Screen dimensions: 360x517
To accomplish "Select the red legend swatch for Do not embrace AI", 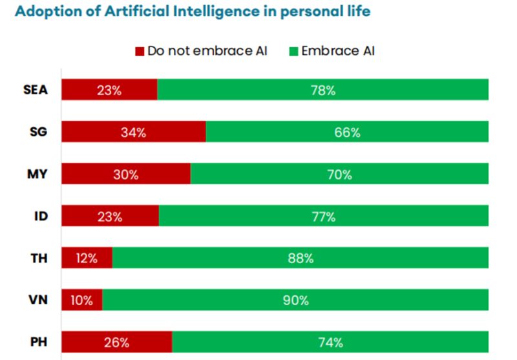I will pos(139,51).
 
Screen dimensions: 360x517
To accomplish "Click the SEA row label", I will pos(35,90).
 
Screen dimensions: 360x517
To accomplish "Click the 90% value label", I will pos(295,301).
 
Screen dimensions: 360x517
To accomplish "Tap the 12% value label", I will pos(87,259).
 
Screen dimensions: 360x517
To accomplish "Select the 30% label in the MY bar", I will pos(126,175).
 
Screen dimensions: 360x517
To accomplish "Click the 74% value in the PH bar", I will pos(330,343).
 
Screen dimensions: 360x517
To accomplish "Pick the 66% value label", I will pos(347,132).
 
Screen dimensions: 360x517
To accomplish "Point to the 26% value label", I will pos(116,343).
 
